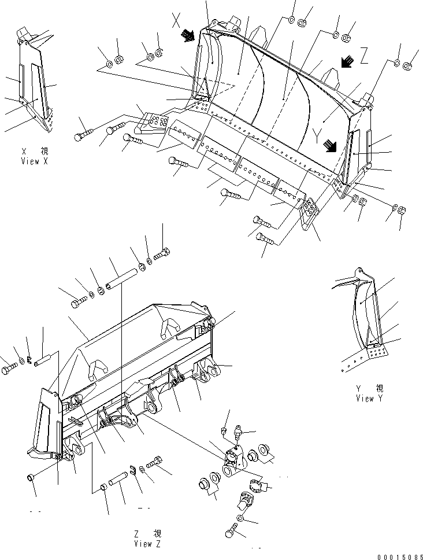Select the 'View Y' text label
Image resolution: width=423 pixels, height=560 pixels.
(373, 398)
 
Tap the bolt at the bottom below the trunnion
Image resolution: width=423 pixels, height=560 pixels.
(231, 528)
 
